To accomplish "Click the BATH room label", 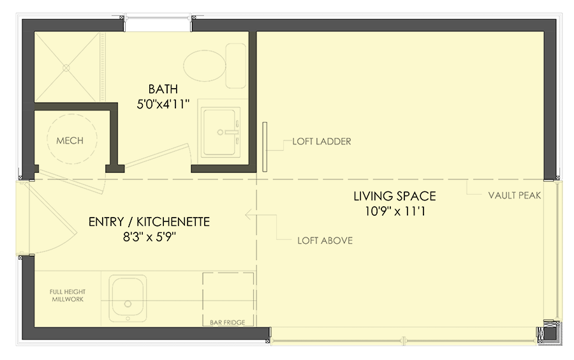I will [x=163, y=89].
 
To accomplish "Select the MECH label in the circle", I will [x=70, y=140].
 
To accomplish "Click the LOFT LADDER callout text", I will [x=321, y=142].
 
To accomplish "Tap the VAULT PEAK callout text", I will [x=514, y=196].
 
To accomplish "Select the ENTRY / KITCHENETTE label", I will [x=149, y=222].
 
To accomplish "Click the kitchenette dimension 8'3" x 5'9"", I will [x=149, y=238].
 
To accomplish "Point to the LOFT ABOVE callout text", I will [x=325, y=241].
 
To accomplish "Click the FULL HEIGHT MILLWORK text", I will [x=67, y=296].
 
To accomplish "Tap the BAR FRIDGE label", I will [x=228, y=322].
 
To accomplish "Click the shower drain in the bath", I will [x=66, y=66].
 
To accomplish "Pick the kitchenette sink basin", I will [x=128, y=297].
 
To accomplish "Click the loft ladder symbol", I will [x=263, y=147].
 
